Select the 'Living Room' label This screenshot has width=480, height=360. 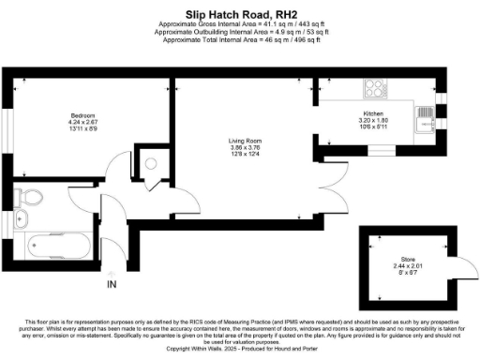(243, 142)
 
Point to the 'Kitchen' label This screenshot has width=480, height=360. (374, 114)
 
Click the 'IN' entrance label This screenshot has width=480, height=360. (112, 284)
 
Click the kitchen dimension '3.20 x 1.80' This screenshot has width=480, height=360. (374, 122)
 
